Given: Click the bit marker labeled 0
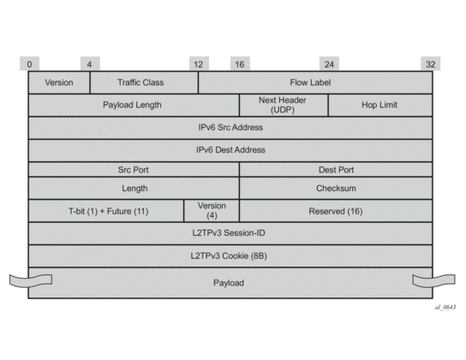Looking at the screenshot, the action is point(29,63).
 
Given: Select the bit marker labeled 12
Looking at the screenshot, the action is point(199,63).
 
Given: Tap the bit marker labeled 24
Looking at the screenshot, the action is point(329,63).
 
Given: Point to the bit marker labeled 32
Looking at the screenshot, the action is point(431,63).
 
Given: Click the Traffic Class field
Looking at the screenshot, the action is point(144,82).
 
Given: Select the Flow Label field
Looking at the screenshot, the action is point(315,82).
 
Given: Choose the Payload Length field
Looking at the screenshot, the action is point(134,105).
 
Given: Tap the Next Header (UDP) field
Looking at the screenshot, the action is point(284,105).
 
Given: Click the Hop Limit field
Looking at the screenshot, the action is point(380,105).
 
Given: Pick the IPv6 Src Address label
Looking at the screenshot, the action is point(230,128).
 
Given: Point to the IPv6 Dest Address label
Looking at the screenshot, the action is point(230,150).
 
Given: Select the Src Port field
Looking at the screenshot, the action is point(134,170).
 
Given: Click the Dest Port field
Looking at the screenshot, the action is point(336,170).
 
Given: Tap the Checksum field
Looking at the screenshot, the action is point(336,189).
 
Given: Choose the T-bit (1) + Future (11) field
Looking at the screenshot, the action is point(106,211).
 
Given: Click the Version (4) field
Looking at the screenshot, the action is point(212,211).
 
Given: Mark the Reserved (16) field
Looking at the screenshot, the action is point(336,211).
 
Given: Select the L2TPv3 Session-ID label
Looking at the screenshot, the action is point(229,233).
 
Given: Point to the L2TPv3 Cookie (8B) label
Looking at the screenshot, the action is point(229,255).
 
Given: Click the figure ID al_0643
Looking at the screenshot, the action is point(445,307).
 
